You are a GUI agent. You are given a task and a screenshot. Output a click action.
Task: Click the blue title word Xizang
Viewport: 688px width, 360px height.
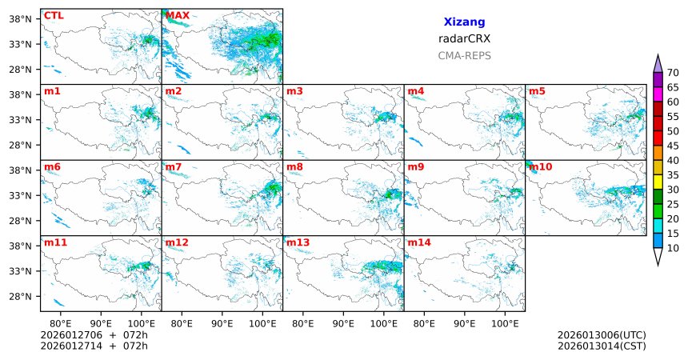point(464,22)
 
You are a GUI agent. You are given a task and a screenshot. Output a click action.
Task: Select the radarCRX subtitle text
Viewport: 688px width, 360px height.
point(464,38)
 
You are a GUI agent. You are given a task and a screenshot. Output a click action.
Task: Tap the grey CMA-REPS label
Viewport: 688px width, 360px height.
point(464,56)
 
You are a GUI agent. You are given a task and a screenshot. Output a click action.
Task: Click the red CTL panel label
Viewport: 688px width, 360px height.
point(53,15)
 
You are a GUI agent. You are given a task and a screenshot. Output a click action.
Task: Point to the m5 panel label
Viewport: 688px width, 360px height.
point(536,91)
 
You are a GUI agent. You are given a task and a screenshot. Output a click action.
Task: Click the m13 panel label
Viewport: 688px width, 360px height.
point(298,242)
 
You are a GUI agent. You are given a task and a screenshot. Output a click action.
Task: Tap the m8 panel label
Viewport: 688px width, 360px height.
point(294,166)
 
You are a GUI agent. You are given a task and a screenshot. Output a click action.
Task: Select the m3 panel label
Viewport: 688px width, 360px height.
point(294,91)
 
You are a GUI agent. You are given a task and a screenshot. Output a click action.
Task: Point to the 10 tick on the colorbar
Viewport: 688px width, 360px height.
point(673,249)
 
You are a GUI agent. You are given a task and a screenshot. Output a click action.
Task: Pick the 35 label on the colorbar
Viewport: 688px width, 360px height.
point(673,175)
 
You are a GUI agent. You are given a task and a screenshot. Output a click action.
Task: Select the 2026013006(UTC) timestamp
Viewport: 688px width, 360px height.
point(602,334)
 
